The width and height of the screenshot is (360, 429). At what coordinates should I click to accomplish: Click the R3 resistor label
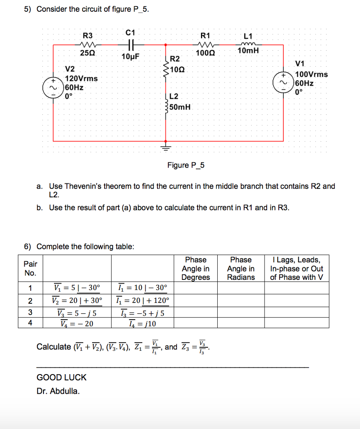88,36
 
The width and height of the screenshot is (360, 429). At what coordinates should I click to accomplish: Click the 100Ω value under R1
205,53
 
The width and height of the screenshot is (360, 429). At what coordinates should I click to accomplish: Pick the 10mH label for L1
248,51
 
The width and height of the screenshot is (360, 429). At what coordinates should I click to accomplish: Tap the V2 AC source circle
54,87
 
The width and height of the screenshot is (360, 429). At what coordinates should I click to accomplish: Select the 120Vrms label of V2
81,79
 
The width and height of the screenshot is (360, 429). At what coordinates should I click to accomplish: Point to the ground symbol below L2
166,147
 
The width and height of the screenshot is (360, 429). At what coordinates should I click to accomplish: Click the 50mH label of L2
180,107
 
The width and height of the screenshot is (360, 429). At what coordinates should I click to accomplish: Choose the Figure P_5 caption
186,165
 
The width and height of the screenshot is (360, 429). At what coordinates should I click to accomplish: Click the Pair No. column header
30,268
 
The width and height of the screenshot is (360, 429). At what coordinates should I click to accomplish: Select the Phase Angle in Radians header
241,269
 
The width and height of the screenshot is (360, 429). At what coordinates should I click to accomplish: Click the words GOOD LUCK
62,377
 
